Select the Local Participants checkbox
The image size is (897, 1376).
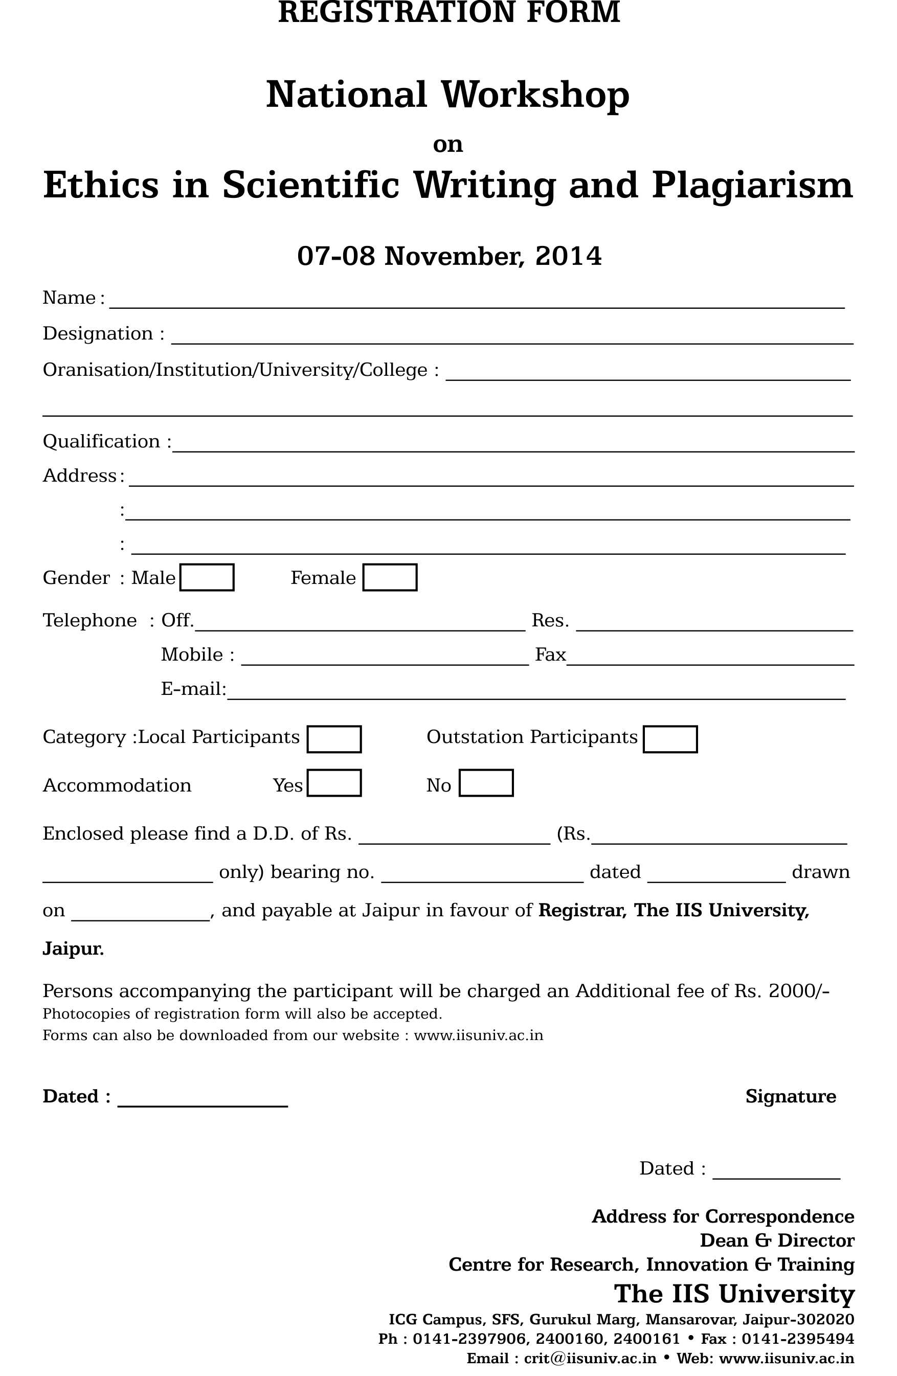pos(334,739)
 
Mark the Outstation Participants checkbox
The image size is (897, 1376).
pos(670,739)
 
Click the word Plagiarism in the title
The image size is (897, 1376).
pos(752,186)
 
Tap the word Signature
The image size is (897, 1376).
pos(790,1096)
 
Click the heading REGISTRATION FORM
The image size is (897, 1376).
pos(449,13)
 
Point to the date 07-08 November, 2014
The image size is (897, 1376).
pos(449,256)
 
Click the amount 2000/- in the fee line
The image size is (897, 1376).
pos(798,991)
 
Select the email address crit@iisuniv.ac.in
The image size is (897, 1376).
pos(590,1358)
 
